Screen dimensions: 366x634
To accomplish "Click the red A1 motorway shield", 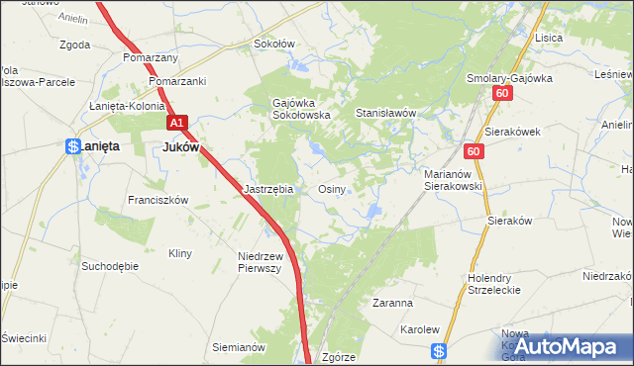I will [176, 123].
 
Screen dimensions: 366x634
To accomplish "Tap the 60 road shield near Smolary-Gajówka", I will [502, 93].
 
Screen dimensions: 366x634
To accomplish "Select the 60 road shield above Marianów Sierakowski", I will [475, 150].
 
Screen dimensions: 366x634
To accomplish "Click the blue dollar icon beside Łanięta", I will [72, 146].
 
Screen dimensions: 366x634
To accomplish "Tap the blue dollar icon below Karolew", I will [441, 350].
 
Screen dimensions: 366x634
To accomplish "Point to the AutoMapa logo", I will [567, 345].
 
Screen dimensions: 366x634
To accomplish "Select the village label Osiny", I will [331, 188].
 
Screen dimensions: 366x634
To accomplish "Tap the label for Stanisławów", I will [386, 114].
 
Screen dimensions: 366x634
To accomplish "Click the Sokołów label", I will [275, 44].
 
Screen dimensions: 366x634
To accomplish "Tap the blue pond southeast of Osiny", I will [373, 210].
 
